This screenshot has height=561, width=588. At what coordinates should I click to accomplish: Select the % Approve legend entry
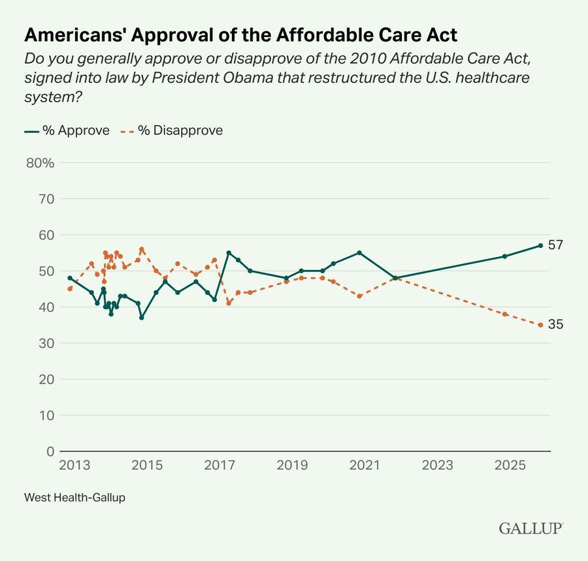(x=67, y=130)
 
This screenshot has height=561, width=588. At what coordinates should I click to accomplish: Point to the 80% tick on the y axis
(x=39, y=162)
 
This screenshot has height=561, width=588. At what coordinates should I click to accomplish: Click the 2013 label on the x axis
(x=74, y=466)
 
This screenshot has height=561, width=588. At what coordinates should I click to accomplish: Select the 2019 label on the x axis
(x=292, y=466)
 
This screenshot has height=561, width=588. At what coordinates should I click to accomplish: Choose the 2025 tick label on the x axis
(x=510, y=466)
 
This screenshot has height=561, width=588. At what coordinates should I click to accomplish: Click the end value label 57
(x=555, y=245)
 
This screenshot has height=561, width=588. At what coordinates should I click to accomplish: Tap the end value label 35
(x=555, y=325)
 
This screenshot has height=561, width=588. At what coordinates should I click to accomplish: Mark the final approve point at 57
(x=540, y=245)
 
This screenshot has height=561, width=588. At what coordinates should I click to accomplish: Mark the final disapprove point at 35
(x=540, y=325)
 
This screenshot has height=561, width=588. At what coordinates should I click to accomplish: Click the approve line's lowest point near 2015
(x=142, y=318)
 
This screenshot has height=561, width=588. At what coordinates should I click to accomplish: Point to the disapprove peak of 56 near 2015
(x=142, y=249)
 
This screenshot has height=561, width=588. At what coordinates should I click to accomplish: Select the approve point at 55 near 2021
(x=359, y=252)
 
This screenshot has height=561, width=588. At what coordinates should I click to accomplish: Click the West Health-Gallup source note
(x=74, y=497)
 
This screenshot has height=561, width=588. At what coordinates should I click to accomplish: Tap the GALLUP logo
(x=531, y=528)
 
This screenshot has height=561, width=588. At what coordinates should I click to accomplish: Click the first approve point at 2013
(x=70, y=278)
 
